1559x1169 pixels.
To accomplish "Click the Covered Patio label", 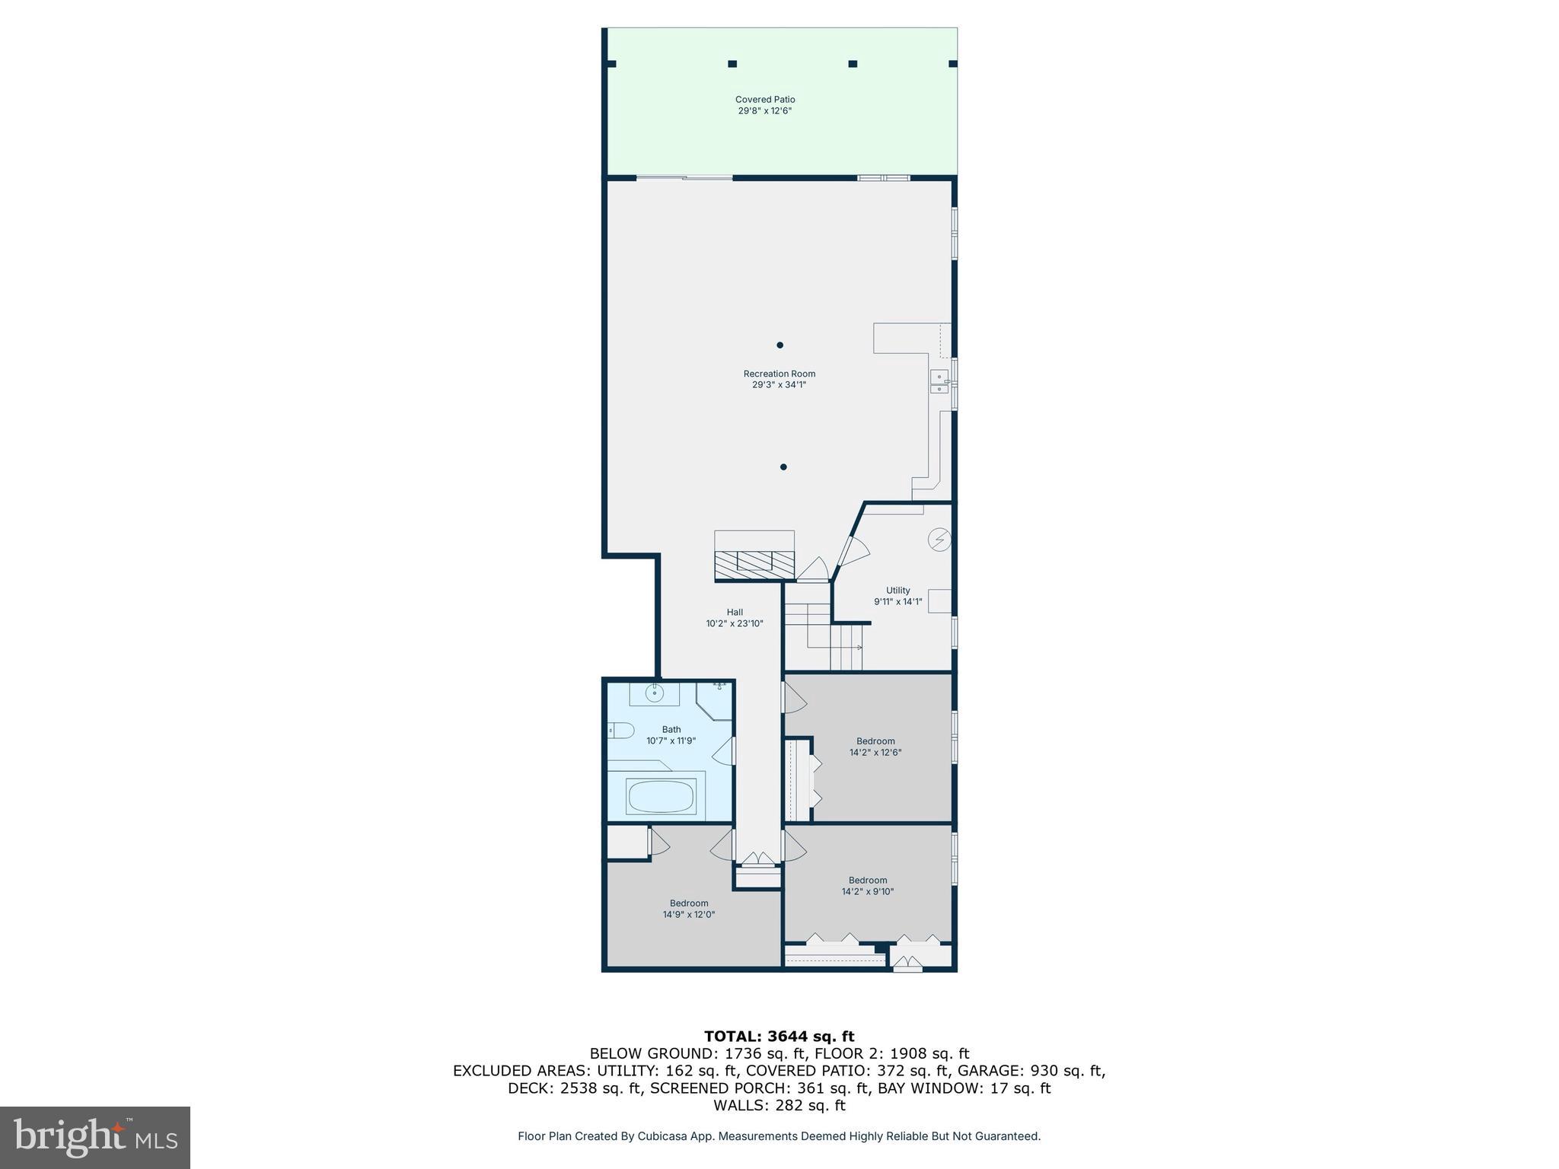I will point(764,100).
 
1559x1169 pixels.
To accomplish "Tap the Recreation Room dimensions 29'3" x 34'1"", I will point(779,385).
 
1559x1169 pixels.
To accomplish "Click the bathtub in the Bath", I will point(660,797).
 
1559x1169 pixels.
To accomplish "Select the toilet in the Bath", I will point(622,731).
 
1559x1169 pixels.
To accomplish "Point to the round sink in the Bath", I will point(654,693).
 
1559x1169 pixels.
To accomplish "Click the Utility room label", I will point(897,591).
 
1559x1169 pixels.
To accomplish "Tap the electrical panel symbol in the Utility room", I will point(939,540).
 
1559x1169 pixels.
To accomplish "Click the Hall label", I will point(734,613).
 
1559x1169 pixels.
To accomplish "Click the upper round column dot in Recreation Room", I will point(779,345).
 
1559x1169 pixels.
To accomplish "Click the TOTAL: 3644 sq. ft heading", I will point(779,1036).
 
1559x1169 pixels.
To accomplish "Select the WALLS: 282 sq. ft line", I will point(779,1105).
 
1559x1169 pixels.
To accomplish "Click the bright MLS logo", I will point(94,1137).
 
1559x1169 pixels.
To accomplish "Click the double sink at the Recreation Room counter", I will point(939,382).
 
